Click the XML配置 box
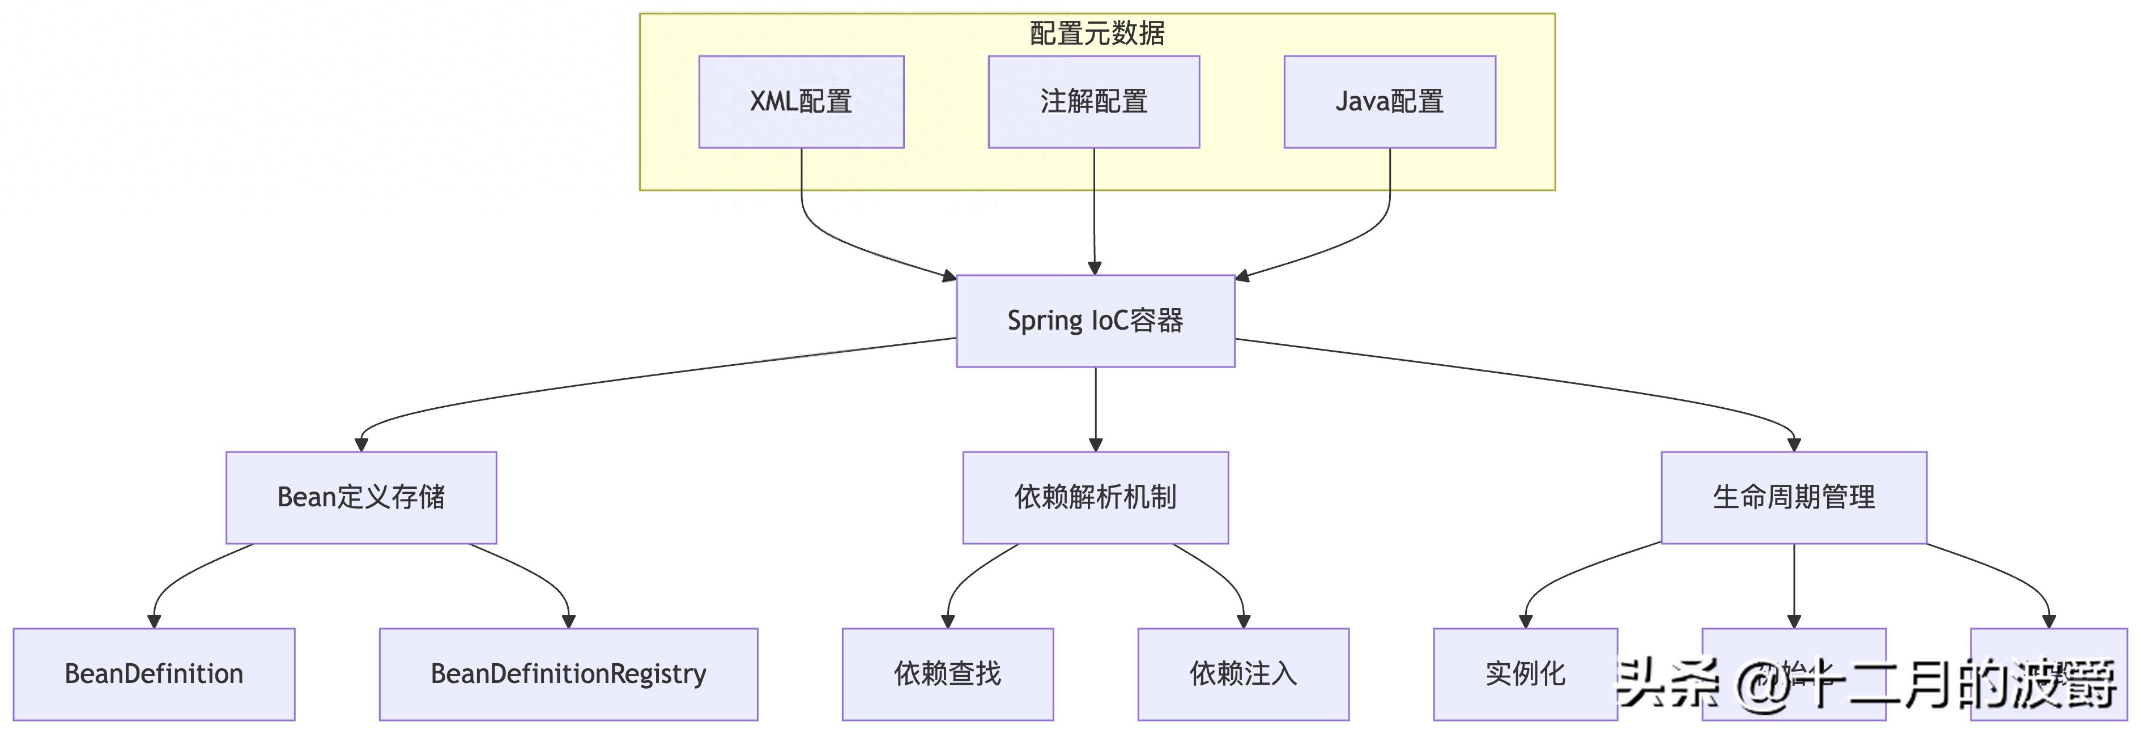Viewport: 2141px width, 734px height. click(x=801, y=101)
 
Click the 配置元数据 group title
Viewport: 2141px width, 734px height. click(x=1096, y=33)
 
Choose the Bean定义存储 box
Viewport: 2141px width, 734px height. click(x=361, y=497)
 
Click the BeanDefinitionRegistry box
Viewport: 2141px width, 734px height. click(x=568, y=673)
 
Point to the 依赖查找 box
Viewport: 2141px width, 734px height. click(x=947, y=673)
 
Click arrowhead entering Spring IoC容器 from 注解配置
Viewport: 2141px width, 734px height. click(x=1095, y=268)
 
